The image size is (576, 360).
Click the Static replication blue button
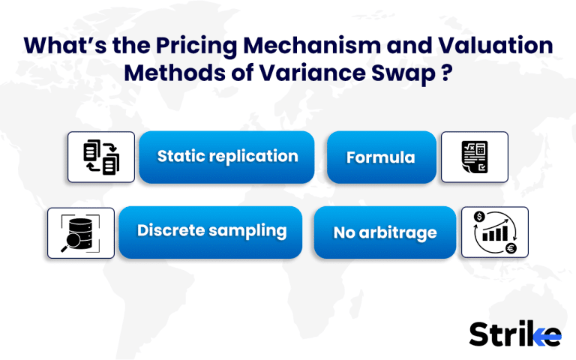[226, 157]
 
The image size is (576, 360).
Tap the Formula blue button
[381, 157]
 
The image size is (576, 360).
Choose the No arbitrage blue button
[385, 232]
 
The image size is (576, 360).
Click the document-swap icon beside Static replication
[101, 157]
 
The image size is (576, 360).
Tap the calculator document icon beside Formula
[474, 157]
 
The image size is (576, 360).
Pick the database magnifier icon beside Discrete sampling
[81, 232]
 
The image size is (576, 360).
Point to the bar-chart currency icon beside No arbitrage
[494, 232]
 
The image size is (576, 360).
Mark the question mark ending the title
[448, 74]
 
